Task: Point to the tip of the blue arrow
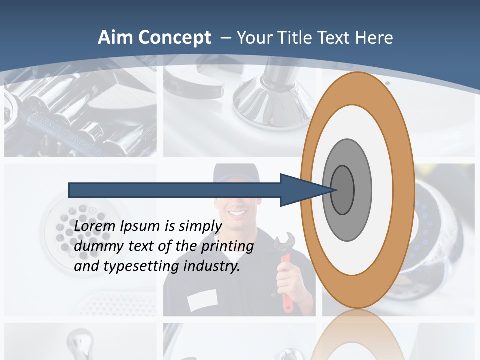coord(334,190)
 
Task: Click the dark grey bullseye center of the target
coord(343,190)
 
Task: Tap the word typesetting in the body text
coord(141,266)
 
